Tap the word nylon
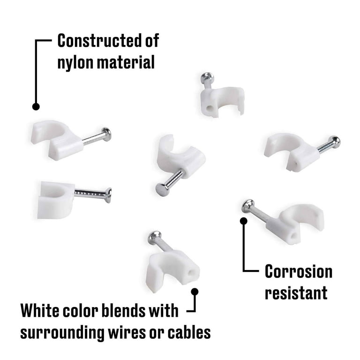point(75,63)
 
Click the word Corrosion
point(299,271)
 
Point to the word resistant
point(296,293)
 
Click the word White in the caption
point(39,310)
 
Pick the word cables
point(189,332)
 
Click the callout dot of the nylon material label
point(36,106)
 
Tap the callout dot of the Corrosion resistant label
point(244,221)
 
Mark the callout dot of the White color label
point(195,292)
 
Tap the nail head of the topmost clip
point(207,78)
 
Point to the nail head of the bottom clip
point(155,237)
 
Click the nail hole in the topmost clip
point(210,108)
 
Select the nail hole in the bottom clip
point(191,273)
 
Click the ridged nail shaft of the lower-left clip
point(90,194)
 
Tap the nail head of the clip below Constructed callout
point(107,135)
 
